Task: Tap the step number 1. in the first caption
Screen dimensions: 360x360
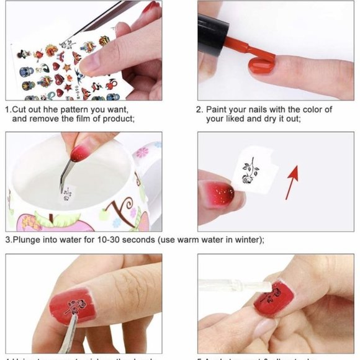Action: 9,109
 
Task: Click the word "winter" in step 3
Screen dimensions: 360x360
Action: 247,240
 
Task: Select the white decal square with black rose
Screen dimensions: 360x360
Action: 252,171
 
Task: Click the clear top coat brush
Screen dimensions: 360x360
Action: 236,286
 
